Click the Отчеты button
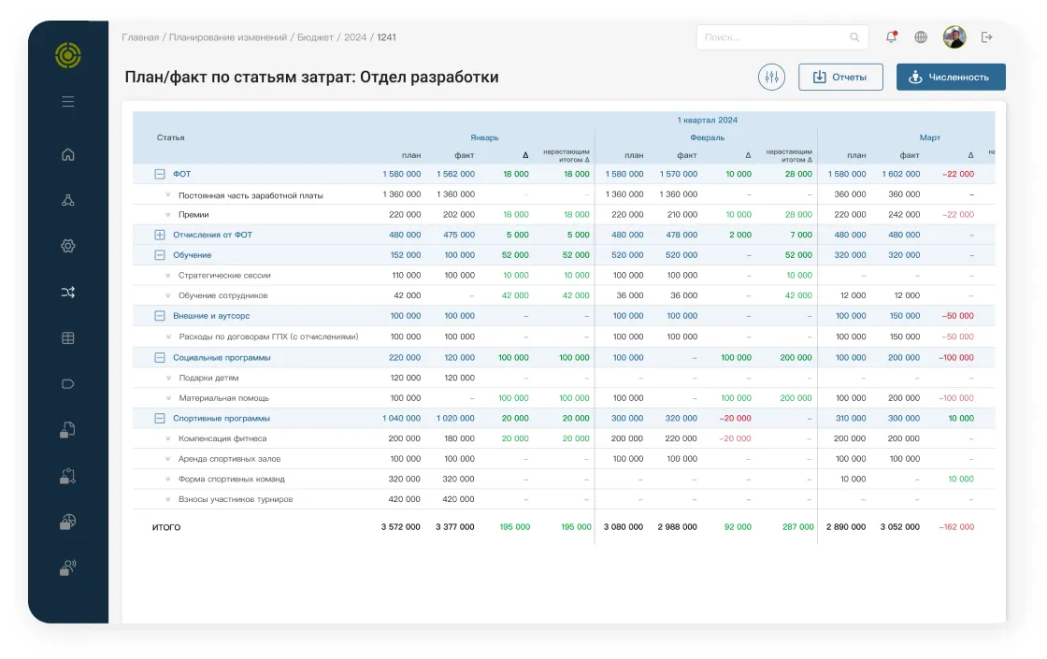[840, 77]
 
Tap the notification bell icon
[892, 37]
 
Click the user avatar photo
[954, 37]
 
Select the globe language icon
[921, 37]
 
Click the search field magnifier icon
[854, 37]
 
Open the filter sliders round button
[771, 77]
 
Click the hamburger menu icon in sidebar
[68, 102]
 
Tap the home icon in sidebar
[68, 154]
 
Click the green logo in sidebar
[68, 55]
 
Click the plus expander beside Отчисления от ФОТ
[160, 235]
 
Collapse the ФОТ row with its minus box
[160, 174]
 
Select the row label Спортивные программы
[221, 419]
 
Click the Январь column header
[484, 137]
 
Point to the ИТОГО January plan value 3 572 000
[401, 527]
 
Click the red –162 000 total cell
[956, 527]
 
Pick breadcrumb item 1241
[387, 37]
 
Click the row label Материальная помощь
[223, 398]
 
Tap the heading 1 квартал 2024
[707, 121]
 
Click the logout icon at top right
[987, 37]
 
